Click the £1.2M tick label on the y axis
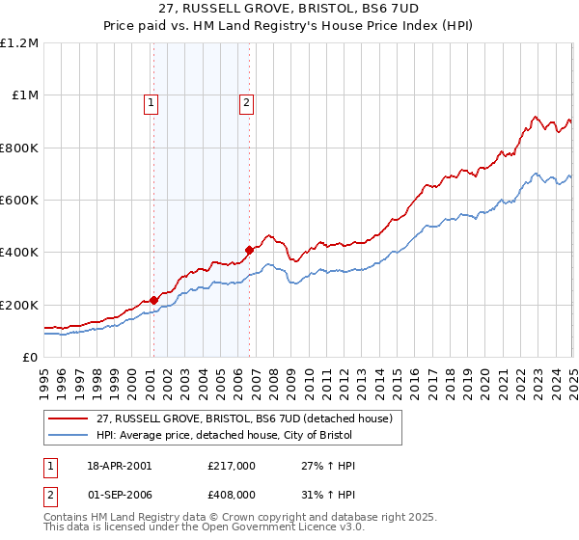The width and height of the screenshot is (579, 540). click(20, 42)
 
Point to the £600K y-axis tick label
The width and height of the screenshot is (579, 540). click(19, 200)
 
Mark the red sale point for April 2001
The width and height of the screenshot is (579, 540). click(153, 300)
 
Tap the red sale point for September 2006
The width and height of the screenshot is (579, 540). click(249, 250)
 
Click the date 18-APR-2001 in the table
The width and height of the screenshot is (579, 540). click(119, 466)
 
